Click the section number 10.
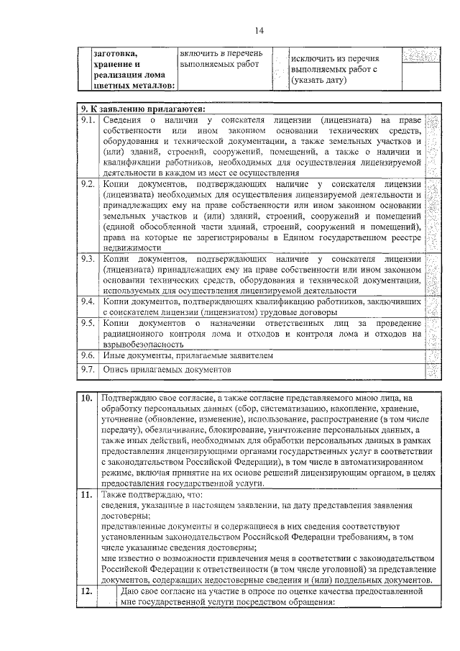tap(86, 397)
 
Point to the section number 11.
tap(86, 495)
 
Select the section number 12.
tap(86, 591)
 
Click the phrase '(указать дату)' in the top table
tap(319, 81)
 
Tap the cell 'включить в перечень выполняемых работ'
tap(221, 59)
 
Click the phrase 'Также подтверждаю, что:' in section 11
tap(152, 495)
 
